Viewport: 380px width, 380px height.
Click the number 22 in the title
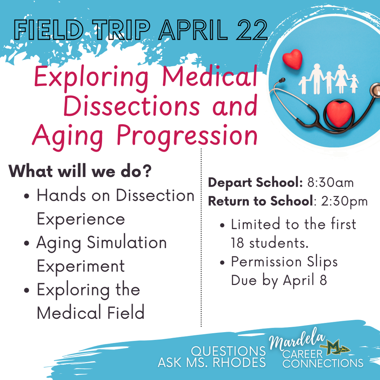coord(252,30)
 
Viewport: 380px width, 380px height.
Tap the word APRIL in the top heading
coord(193,30)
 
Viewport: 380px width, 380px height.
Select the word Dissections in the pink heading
coord(132,106)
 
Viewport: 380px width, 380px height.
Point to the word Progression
coord(187,136)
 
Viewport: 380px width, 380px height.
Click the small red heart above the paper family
coord(292,59)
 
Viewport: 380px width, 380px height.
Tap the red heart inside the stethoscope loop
coord(339,114)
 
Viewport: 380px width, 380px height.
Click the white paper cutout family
coord(329,79)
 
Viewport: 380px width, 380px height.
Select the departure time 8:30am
coord(331,183)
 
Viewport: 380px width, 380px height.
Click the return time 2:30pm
coord(344,202)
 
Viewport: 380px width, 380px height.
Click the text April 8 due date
coord(305,280)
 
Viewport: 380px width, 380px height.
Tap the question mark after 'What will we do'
coord(146,171)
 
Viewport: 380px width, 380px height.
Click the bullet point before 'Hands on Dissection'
coord(27,196)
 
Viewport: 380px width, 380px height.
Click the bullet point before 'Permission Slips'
coord(222,262)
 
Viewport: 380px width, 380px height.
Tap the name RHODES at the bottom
coord(239,363)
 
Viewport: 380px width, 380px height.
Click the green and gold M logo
coord(335,347)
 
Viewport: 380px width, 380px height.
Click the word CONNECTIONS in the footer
coord(323,363)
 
